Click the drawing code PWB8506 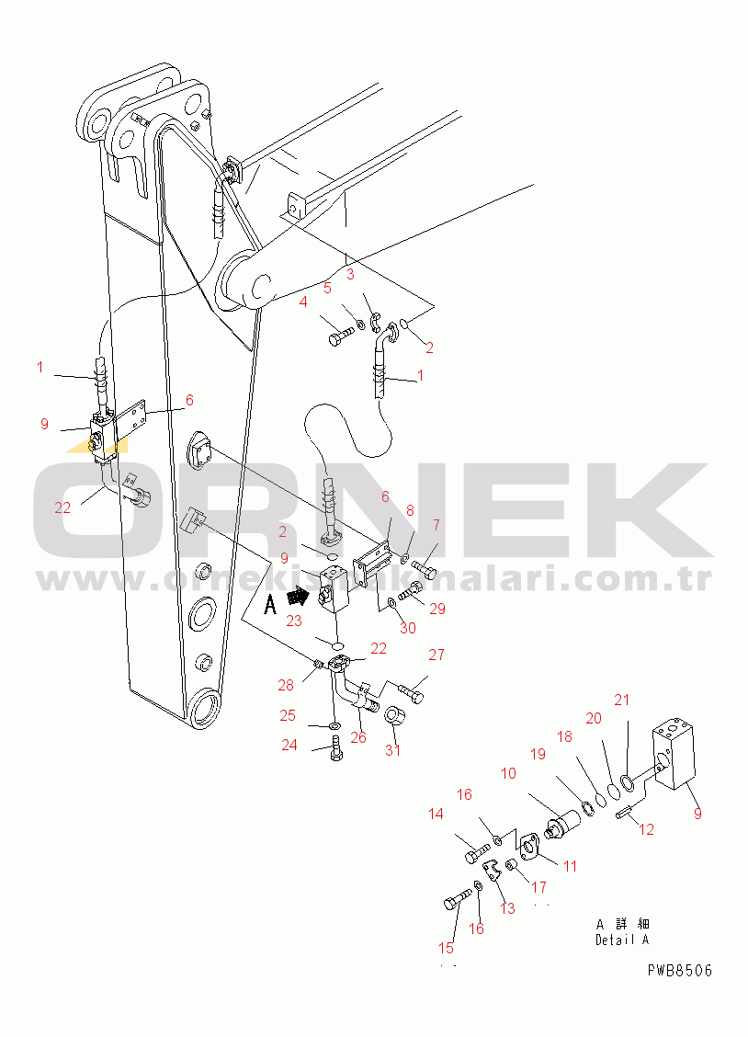pyautogui.click(x=680, y=971)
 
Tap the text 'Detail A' pyautogui.click(x=622, y=940)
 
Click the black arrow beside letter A pyautogui.click(x=298, y=598)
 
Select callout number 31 pyautogui.click(x=392, y=750)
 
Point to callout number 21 pyautogui.click(x=622, y=700)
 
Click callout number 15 pyautogui.click(x=446, y=948)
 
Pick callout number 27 pyautogui.click(x=436, y=655)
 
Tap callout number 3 pyautogui.click(x=350, y=274)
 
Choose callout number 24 pyautogui.click(x=289, y=746)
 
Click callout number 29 pyautogui.click(x=437, y=609)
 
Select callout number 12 pyautogui.click(x=646, y=828)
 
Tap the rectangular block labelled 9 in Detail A pyautogui.click(x=674, y=758)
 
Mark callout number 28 pyautogui.click(x=286, y=685)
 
